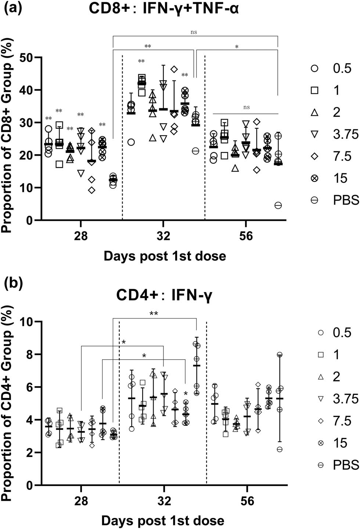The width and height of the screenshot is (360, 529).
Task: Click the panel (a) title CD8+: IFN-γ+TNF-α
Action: pos(164,8)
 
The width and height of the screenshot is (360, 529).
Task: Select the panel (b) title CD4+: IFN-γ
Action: pos(164,295)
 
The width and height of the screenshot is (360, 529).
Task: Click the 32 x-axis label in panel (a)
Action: pos(163,236)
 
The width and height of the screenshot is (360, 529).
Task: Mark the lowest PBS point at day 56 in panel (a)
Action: pos(278,205)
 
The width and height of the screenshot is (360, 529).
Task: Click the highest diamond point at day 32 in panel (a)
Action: pos(174,69)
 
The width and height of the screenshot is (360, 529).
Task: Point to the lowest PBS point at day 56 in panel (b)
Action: pos(280,449)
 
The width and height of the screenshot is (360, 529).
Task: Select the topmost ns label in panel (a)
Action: pos(194,32)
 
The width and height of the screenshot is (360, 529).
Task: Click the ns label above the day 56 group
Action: pos(246,107)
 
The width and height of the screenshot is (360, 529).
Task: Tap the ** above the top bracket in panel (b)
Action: pos(154,314)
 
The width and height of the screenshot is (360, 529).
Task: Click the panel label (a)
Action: pos(13,7)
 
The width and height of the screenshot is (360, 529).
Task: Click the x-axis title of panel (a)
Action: pos(165,256)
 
